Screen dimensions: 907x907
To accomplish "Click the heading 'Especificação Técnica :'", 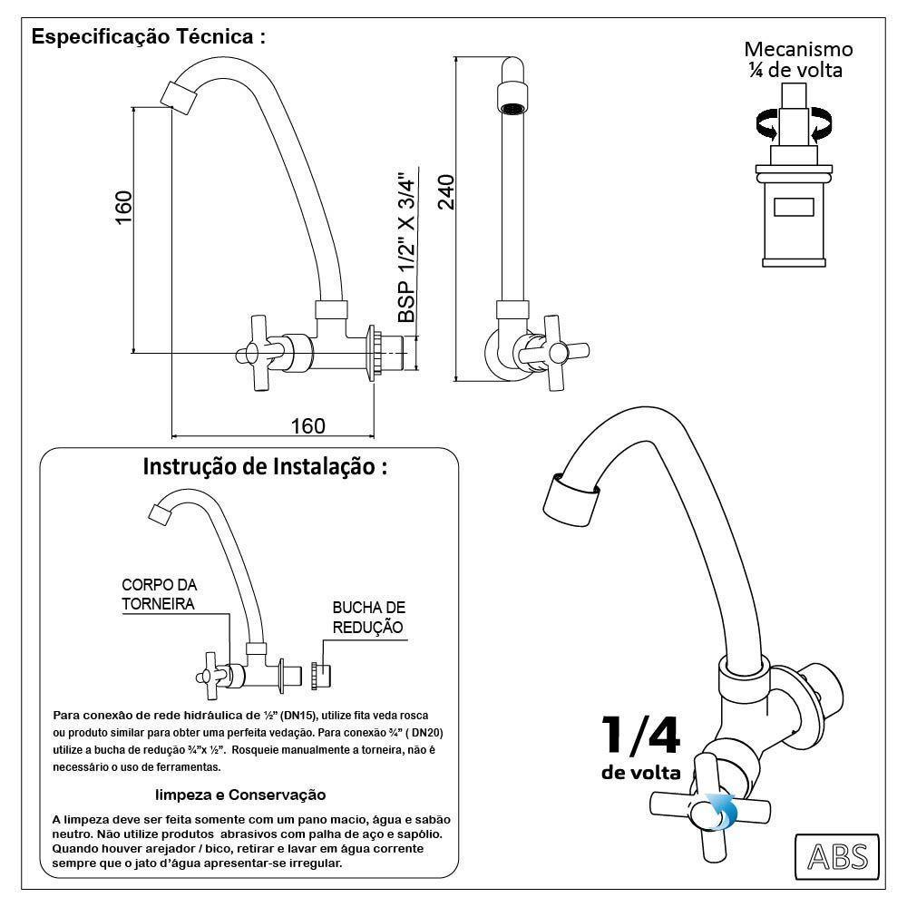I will click(148, 38).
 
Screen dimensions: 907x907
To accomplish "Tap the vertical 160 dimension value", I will click(124, 207).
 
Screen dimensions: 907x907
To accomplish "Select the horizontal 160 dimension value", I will click(307, 424).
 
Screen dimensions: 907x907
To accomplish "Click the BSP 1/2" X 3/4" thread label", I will click(407, 247).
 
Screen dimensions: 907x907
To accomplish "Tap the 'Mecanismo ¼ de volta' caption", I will click(798, 59).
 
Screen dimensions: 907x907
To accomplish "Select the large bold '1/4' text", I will click(640, 736).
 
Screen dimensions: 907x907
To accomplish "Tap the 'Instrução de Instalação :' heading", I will click(266, 467).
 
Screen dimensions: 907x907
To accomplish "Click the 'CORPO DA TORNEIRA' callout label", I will click(160, 594).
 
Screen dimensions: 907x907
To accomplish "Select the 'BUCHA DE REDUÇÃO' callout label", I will click(368, 617).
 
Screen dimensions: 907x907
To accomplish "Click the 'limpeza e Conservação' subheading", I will click(239, 795).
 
